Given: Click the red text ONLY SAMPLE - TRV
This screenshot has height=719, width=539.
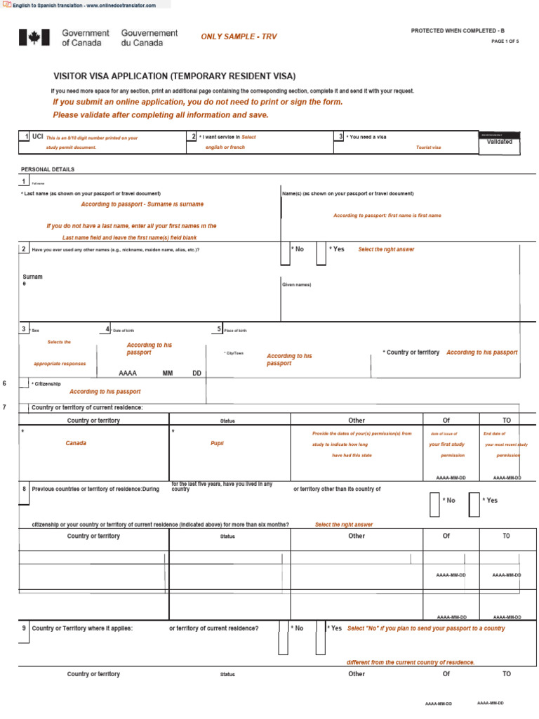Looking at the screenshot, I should tap(239, 37).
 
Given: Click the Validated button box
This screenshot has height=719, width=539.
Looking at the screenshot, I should tap(499, 142).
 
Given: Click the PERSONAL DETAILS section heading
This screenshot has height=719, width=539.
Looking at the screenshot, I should tap(48, 169).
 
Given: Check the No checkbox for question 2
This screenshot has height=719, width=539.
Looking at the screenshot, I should tap(285, 254).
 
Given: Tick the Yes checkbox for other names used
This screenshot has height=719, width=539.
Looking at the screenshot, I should tap(321, 254).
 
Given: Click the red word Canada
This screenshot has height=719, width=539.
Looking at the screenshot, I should tap(76, 444).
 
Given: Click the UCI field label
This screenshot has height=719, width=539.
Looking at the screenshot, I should tap(38, 137).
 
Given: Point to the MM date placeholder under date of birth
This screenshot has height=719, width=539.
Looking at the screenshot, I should tap(168, 373).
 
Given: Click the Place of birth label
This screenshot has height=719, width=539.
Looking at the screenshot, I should tap(236, 330).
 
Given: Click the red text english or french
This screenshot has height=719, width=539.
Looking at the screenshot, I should tap(225, 147).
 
